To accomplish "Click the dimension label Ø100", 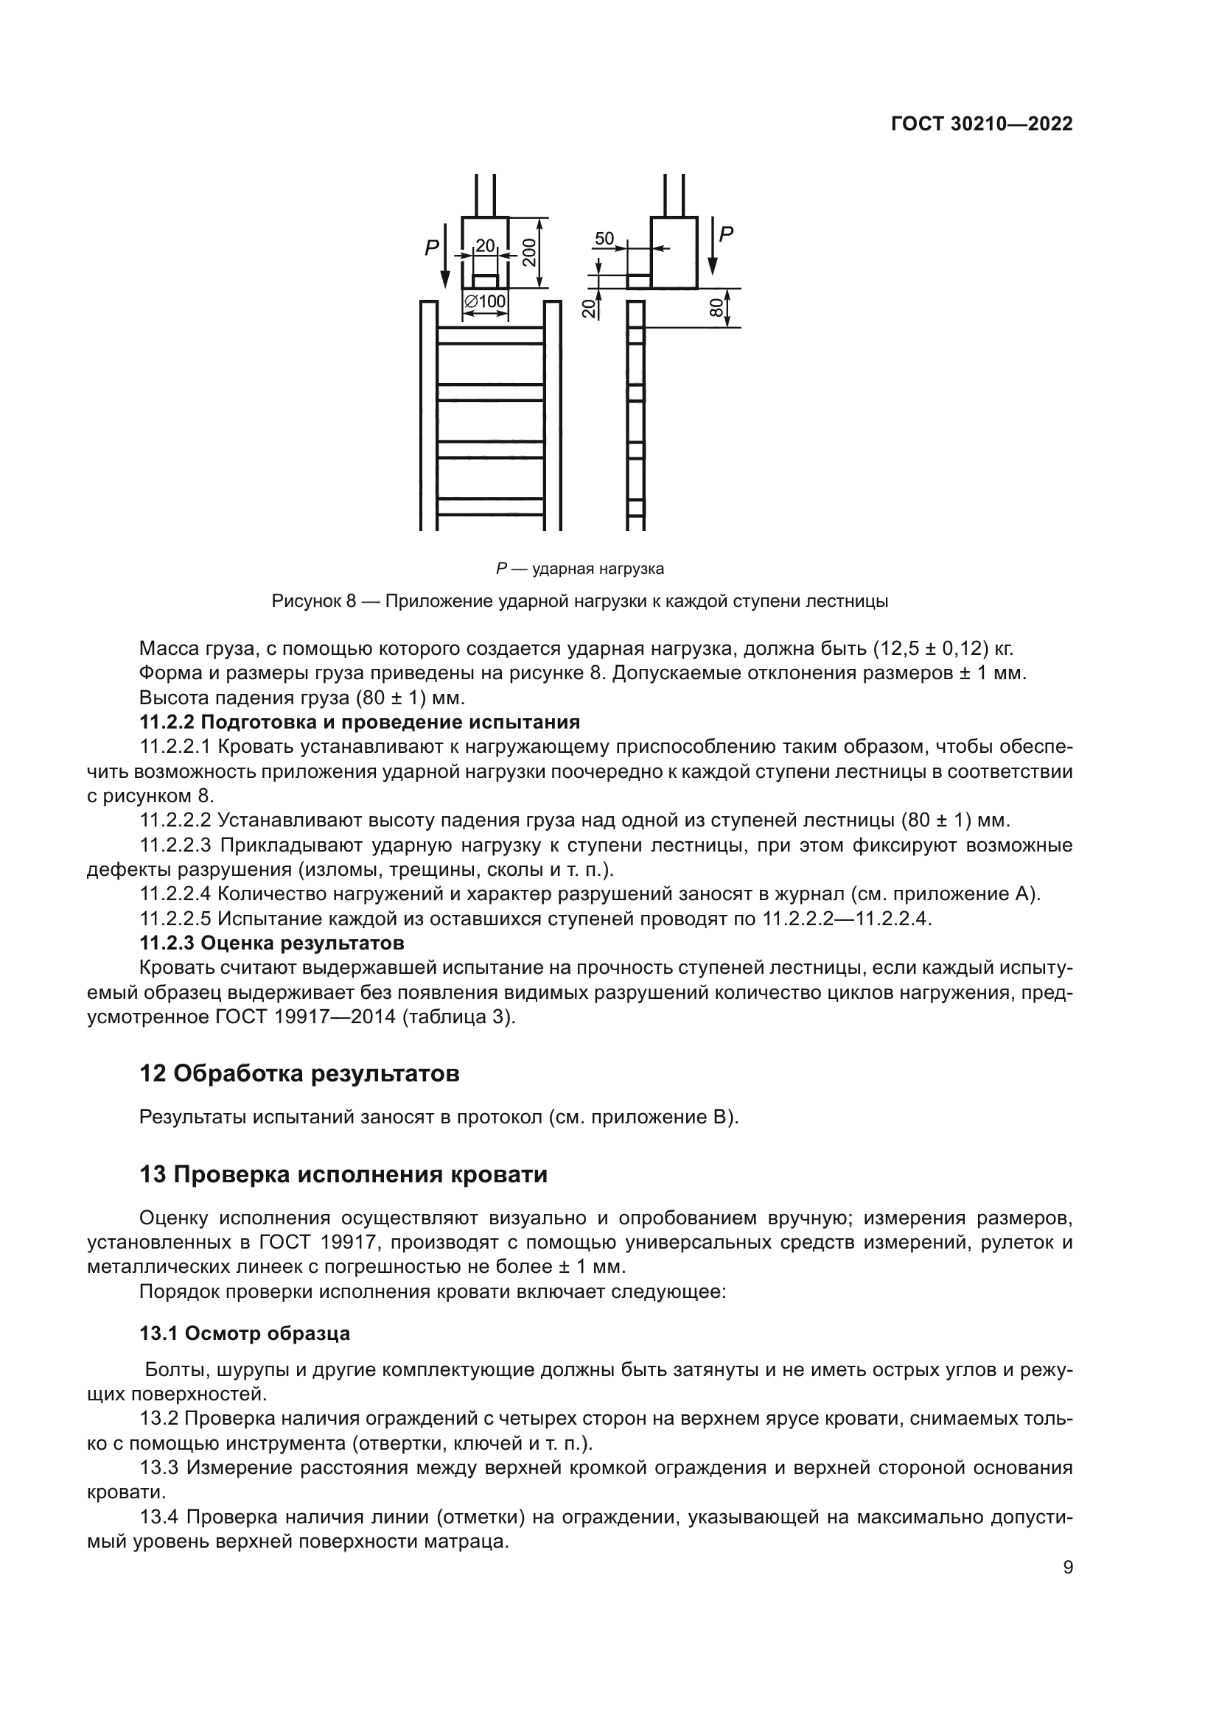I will pyautogui.click(x=486, y=302).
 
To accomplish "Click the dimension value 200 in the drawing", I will pyautogui.click(x=530, y=252).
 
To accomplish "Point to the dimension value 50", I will pyautogui.click(x=604, y=239).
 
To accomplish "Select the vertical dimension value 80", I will pyautogui.click(x=716, y=307).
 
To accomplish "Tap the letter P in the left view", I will pyautogui.click(x=432, y=248).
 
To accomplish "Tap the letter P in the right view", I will pyautogui.click(x=726, y=234).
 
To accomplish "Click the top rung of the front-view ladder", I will pyautogui.click(x=491, y=335).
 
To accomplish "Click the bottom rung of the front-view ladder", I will pyautogui.click(x=491, y=507).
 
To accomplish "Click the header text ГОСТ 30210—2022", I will pyautogui.click(x=982, y=124).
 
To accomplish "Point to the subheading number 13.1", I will pyautogui.click(x=158, y=1333).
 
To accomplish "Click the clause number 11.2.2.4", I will pyautogui.click(x=176, y=894).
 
